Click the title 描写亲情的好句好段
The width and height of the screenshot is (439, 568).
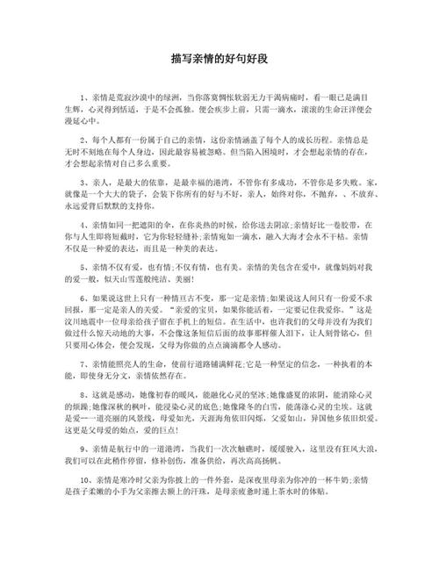click(219, 62)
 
